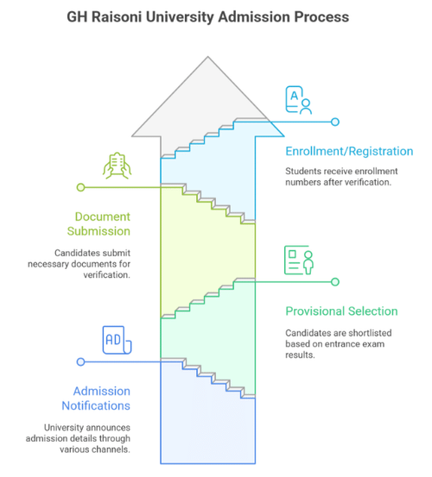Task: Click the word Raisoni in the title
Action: (117, 17)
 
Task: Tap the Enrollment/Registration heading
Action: (349, 151)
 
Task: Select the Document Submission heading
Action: (98, 224)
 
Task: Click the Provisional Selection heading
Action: (341, 311)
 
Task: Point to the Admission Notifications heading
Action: (96, 399)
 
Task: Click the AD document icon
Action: (117, 340)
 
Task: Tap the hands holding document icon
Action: (117, 166)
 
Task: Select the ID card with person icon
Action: (299, 260)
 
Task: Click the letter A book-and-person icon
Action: (299, 100)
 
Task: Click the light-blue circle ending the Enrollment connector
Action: (335, 122)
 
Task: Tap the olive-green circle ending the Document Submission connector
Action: (80, 187)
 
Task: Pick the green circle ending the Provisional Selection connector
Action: (335, 282)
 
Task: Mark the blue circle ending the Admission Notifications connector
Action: (80, 362)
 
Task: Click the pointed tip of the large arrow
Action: (208, 57)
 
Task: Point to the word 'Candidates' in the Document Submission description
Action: (73, 253)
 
